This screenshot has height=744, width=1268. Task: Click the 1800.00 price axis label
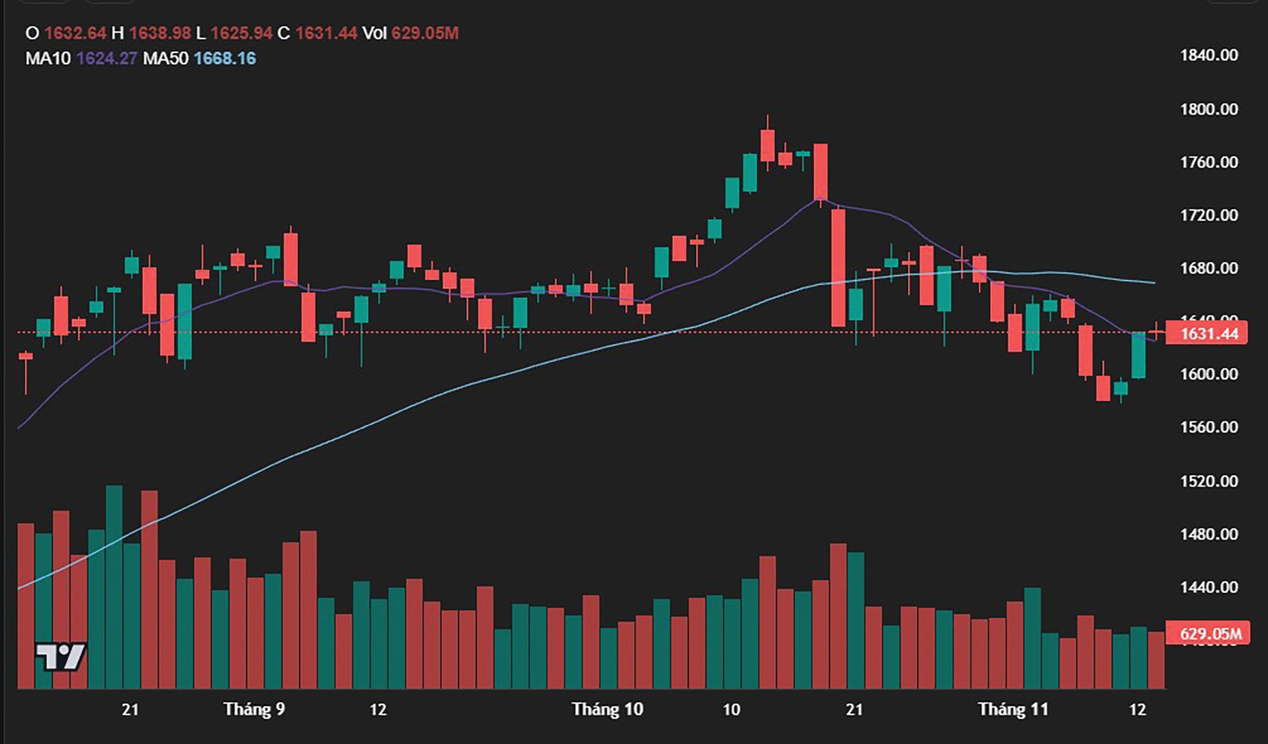pos(1209,109)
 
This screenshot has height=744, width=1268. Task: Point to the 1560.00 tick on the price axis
pos(1209,427)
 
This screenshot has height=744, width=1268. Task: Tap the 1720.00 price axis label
pos(1209,215)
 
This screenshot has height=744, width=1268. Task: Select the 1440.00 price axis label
pos(1209,587)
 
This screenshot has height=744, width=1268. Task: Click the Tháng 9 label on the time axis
pos(254,710)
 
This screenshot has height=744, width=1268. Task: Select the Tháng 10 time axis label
pos(607,710)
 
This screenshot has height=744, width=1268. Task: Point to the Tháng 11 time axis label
pos(1013,710)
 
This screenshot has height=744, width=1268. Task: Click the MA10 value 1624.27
pos(106,59)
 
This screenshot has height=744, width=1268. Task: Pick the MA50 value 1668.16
pos(225,59)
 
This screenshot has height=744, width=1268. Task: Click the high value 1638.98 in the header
pos(160,33)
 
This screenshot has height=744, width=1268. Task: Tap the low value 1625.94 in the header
pos(242,33)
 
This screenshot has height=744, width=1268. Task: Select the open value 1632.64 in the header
pos(75,33)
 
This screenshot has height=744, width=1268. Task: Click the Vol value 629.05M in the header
pos(425,33)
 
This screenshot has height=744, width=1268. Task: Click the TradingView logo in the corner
pos(60,657)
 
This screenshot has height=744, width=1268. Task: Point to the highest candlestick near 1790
pos(767,145)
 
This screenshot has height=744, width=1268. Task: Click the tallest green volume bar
pos(114,588)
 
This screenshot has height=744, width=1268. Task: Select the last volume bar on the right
pos(1156,660)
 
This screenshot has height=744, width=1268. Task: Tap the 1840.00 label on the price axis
pos(1209,55)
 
